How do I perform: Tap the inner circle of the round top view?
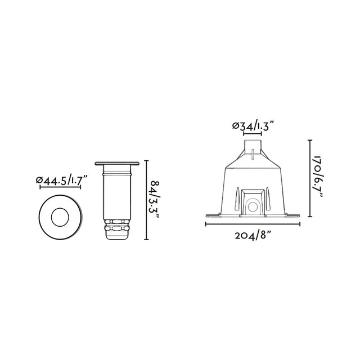tap(60, 216)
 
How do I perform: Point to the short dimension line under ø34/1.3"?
tap(253, 135)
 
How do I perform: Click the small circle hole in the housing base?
tap(252, 208)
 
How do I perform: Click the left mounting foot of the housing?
tap(212, 215)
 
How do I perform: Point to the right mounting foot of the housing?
tap(294, 215)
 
